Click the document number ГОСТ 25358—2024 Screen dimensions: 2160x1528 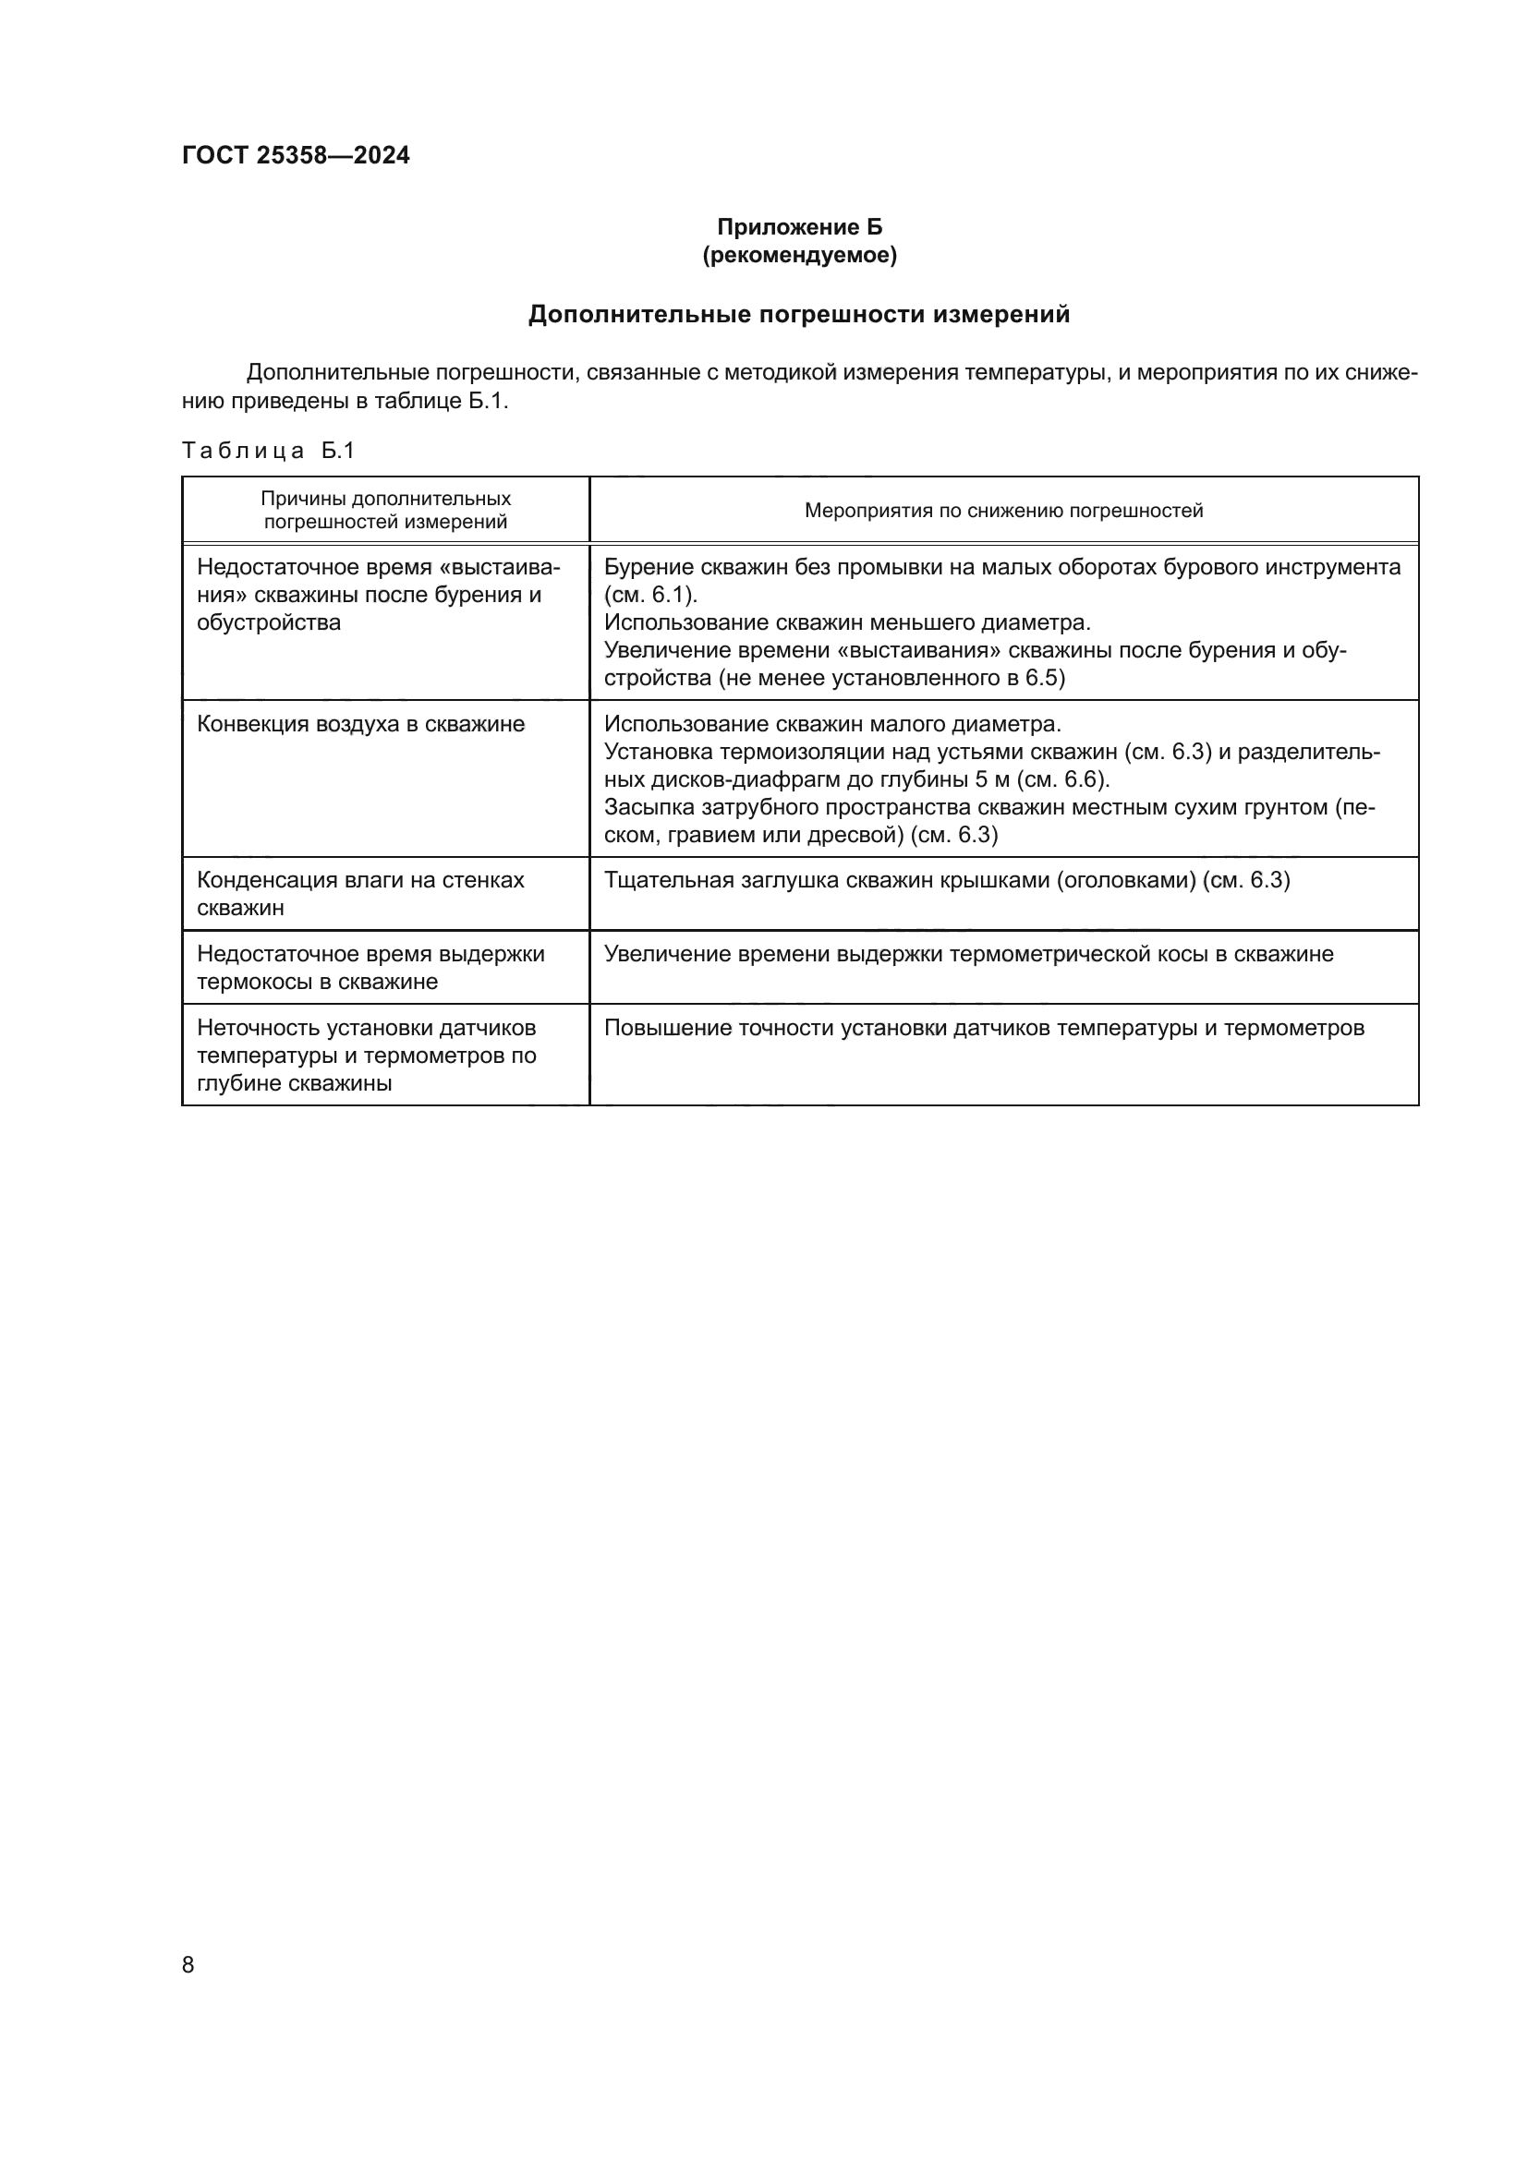296,155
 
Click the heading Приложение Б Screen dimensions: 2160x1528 799,227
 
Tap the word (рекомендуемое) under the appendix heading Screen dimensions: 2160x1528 799,255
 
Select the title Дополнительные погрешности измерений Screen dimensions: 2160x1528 799,314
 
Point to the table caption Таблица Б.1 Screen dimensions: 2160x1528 268,451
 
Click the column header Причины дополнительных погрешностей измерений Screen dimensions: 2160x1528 386,510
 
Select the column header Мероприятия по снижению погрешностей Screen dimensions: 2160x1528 1003,511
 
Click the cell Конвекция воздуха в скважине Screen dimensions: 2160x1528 360,724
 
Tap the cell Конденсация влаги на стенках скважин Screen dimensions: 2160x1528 360,894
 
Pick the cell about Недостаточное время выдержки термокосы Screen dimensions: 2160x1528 370,967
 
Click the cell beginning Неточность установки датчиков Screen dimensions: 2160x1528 366,1055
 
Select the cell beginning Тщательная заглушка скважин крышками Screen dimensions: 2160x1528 947,881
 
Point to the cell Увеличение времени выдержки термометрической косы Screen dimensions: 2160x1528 968,954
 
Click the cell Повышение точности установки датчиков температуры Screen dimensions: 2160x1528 983,1027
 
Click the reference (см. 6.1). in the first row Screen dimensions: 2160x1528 651,595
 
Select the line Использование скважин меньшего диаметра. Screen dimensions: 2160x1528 847,621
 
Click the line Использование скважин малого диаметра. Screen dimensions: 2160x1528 831,724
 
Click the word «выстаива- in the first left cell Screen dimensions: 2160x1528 500,567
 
